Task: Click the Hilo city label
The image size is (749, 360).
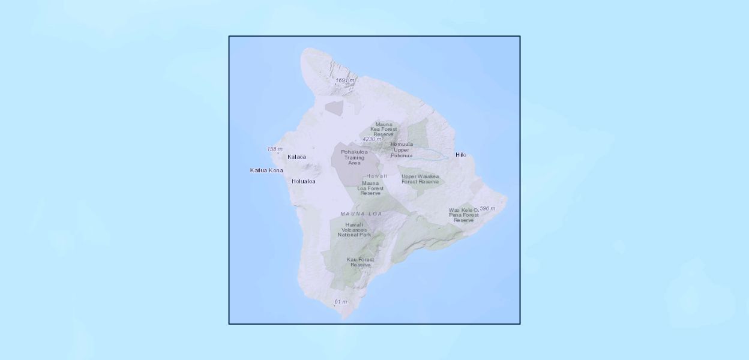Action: coord(460,155)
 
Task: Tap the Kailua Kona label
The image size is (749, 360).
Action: coord(266,170)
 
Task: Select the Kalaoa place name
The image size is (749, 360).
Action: coord(296,157)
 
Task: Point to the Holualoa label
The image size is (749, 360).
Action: coord(303,181)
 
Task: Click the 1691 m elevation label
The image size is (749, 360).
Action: coord(345,80)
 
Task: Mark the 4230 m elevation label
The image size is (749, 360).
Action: coord(371,139)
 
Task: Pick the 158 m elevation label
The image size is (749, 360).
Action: coord(275,149)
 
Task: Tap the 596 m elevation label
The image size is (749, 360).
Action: coord(487,208)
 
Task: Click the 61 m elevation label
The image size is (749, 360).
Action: coord(341,301)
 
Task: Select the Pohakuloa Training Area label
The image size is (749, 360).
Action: coord(354,157)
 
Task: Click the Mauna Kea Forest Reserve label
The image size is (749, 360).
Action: coord(384,129)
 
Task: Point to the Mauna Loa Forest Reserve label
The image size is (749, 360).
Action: coord(370,188)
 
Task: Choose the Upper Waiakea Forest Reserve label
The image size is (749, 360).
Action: coord(420,179)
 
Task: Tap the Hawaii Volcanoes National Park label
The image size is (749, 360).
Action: coord(354,229)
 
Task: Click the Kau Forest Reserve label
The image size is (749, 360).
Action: coord(361,262)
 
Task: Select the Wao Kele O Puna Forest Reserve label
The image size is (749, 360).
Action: coord(463,215)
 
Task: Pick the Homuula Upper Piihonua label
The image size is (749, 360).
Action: coord(402,149)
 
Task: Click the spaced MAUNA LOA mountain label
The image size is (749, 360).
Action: coord(361,214)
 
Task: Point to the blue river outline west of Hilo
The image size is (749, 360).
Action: coord(426,155)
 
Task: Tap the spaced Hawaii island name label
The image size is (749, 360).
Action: coord(376,176)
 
